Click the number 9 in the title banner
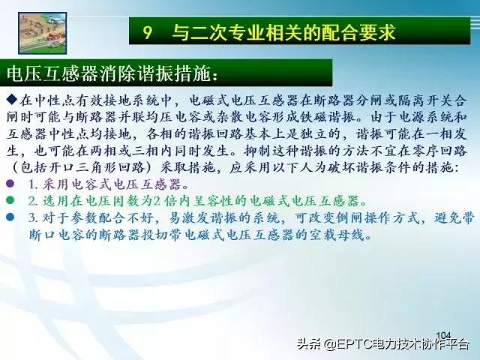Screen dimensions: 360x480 pyautogui.click(x=148, y=32)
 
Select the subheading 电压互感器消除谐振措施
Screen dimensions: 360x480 pyautogui.click(x=112, y=73)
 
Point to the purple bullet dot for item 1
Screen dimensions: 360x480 pyautogui.click(x=10, y=183)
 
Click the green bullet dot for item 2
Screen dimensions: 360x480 pyautogui.click(x=10, y=201)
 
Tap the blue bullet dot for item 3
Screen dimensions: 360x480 pyautogui.click(x=10, y=218)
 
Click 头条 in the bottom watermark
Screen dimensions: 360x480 pyautogui.click(x=307, y=346)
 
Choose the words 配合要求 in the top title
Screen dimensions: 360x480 pyautogui.click(x=361, y=32)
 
